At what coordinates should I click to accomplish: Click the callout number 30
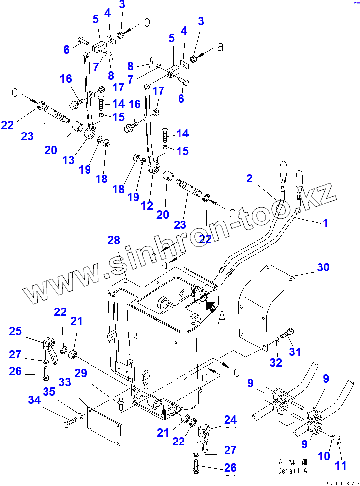pyautogui.click(x=323, y=267)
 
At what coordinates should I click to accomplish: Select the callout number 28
pyautogui.click(x=114, y=240)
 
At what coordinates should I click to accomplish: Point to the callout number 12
pyautogui.click(x=147, y=206)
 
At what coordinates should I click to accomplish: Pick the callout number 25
pyautogui.click(x=16, y=331)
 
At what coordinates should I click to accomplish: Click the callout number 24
pyautogui.click(x=230, y=420)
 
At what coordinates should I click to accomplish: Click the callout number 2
pyautogui.click(x=249, y=178)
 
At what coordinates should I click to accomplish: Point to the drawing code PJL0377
pyautogui.click(x=342, y=482)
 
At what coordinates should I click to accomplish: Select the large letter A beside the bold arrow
pyautogui.click(x=222, y=319)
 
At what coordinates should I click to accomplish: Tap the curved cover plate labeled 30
pyautogui.click(x=262, y=307)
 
